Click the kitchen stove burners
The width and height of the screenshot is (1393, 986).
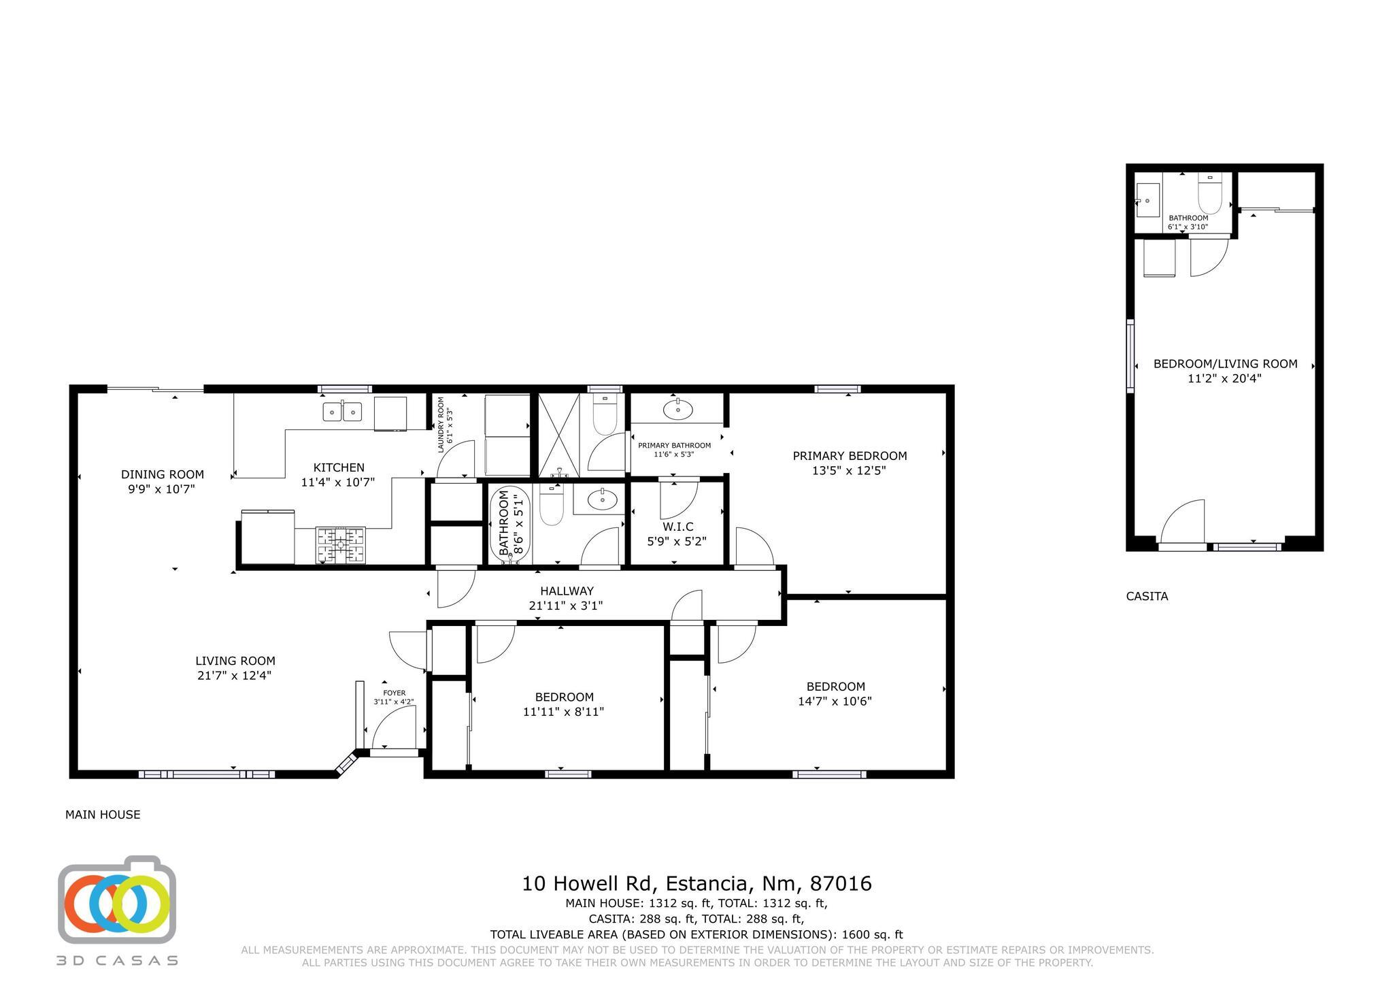pos(340,544)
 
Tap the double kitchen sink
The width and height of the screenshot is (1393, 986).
pos(342,412)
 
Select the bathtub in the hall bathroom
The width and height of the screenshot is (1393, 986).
pos(510,524)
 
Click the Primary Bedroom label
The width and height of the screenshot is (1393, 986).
pos(850,456)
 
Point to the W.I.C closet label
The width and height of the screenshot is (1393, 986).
pos(677,527)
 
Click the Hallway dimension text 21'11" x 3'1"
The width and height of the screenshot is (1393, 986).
pos(566,606)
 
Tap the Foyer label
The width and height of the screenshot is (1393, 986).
pos(394,693)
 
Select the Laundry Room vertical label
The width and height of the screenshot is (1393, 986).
pos(441,425)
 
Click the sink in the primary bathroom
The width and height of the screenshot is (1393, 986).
pos(677,410)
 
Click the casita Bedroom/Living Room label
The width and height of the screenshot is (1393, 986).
pos(1225,364)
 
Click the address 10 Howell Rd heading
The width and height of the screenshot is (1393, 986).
pos(696,884)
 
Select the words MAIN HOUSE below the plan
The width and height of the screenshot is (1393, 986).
pos(103,815)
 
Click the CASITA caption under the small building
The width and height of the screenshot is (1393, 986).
pos(1147,596)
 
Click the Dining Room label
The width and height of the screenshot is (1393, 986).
pos(163,474)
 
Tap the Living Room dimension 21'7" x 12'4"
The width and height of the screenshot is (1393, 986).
pos(235,676)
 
